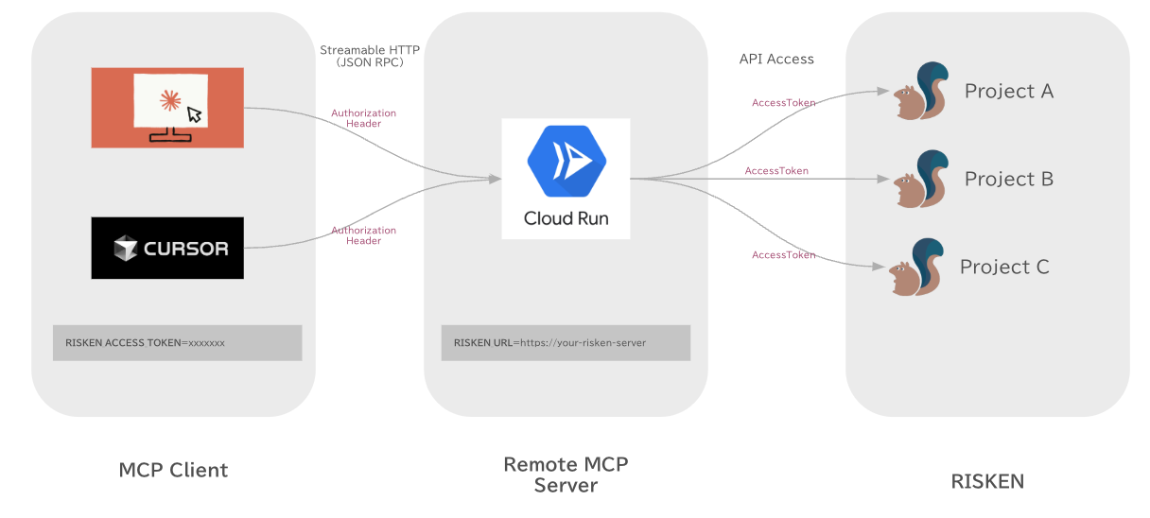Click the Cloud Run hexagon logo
pyautogui.click(x=566, y=164)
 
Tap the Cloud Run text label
pyautogui.click(x=566, y=218)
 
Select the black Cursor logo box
pyautogui.click(x=167, y=248)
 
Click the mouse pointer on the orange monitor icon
pyautogui.click(x=194, y=114)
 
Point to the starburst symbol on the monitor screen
pyautogui.click(x=170, y=99)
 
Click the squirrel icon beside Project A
pyautogui.click(x=921, y=91)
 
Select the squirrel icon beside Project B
pyautogui.click(x=921, y=179)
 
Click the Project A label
pyautogui.click(x=1008, y=91)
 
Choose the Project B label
pyautogui.click(x=1008, y=179)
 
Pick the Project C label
pyautogui.click(x=1004, y=267)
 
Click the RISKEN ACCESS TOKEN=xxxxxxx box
pyautogui.click(x=177, y=343)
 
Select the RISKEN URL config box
pyautogui.click(x=566, y=343)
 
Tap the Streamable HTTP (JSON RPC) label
pyautogui.click(x=370, y=56)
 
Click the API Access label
pyautogui.click(x=775, y=59)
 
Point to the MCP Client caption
pyautogui.click(x=173, y=470)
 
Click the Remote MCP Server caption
pyautogui.click(x=566, y=475)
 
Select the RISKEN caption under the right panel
pyautogui.click(x=986, y=481)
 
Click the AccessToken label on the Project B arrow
pyautogui.click(x=776, y=171)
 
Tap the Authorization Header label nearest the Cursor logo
pyautogui.click(x=363, y=235)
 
